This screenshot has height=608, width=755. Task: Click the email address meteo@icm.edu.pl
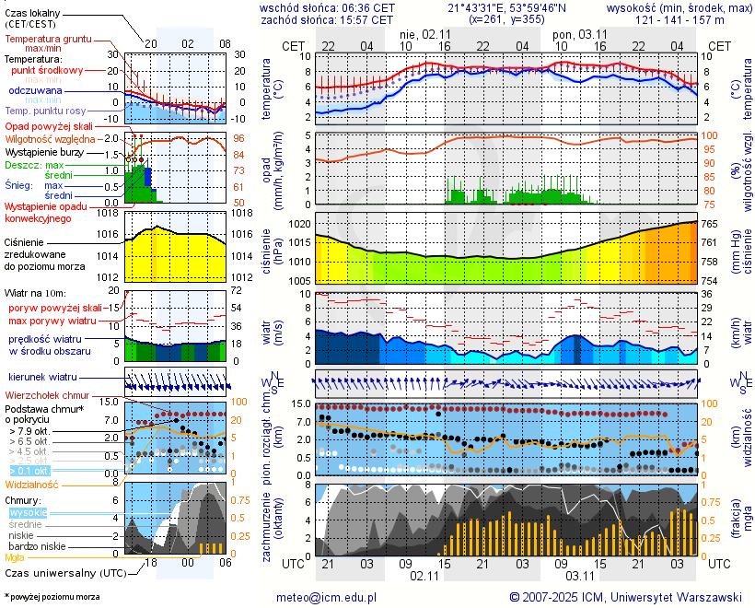click(x=327, y=597)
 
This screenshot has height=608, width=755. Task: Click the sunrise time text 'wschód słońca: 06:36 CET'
click(x=328, y=7)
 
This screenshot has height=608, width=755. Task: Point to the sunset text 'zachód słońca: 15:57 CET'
click(x=327, y=18)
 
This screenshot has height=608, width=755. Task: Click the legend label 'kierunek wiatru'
click(x=42, y=378)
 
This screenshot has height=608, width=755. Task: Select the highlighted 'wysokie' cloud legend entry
click(x=27, y=512)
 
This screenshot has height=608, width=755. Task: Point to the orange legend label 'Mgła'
click(x=15, y=557)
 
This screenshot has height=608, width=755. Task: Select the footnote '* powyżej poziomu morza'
click(x=52, y=597)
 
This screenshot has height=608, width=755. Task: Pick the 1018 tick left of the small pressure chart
click(x=110, y=213)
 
